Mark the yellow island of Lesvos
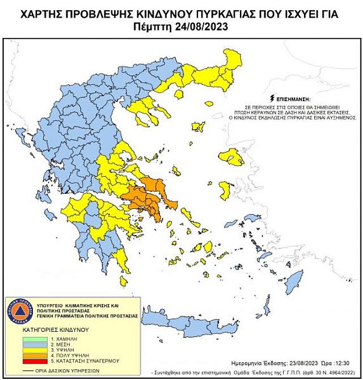233,156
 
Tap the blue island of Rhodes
294,280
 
